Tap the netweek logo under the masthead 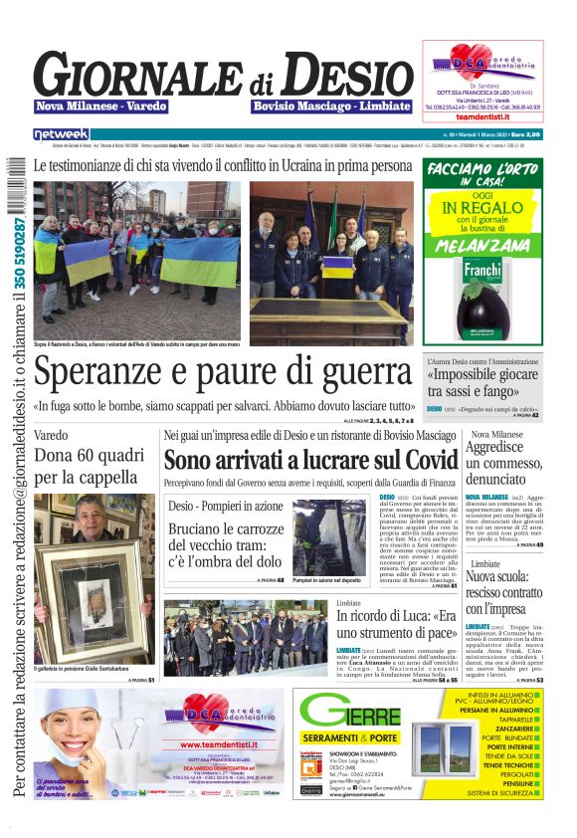(62, 133)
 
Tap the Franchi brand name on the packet (482, 268)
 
